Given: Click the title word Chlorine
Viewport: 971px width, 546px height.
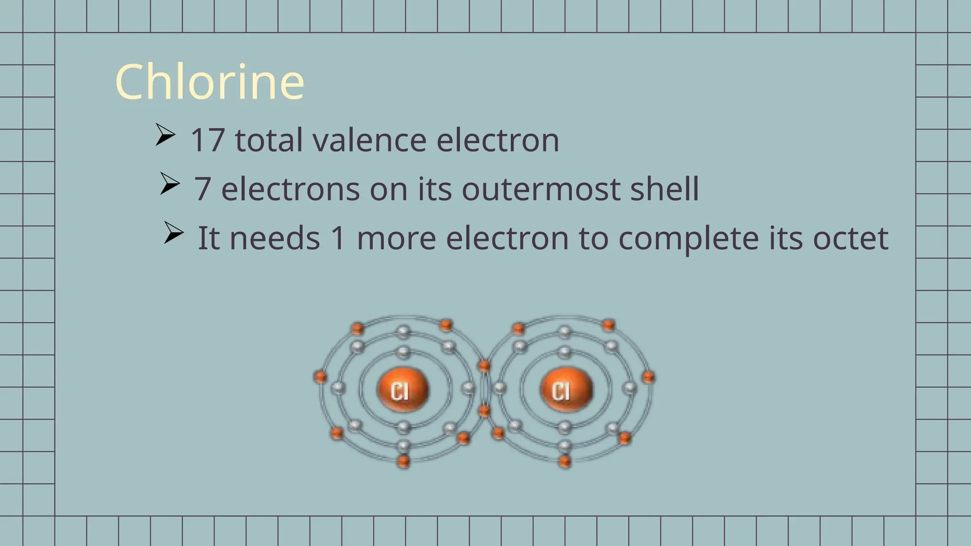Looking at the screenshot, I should click(x=210, y=82).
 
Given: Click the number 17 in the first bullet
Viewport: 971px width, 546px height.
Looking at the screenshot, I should click(x=207, y=140).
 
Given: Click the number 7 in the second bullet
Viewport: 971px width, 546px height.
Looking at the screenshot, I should click(x=202, y=189).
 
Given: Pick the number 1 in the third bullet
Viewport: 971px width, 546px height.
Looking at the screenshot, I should click(x=338, y=238).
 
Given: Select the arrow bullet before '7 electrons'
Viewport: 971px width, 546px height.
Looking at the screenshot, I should click(x=169, y=183).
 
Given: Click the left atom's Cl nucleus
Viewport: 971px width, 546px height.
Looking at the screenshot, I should click(x=403, y=390).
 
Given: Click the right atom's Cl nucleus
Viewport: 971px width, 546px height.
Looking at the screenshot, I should click(x=566, y=390).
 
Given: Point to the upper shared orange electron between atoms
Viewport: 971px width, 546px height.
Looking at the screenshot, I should click(x=484, y=365).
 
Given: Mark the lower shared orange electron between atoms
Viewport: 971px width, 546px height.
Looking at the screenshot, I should click(x=484, y=410).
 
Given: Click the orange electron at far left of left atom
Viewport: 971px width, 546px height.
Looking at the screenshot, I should click(x=321, y=377).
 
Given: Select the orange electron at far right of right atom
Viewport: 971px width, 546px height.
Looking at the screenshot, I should click(x=648, y=377).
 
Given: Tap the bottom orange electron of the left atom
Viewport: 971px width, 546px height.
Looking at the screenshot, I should click(x=403, y=460).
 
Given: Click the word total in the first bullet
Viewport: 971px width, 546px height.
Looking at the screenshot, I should click(x=268, y=140).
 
